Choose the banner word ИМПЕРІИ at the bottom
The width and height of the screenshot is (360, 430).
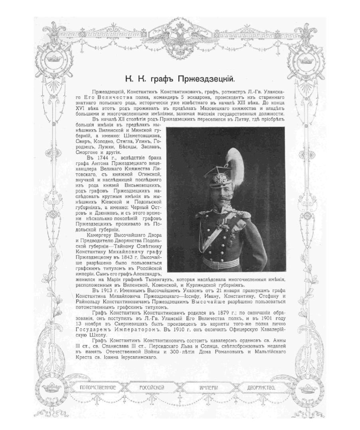(x=209, y=387)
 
